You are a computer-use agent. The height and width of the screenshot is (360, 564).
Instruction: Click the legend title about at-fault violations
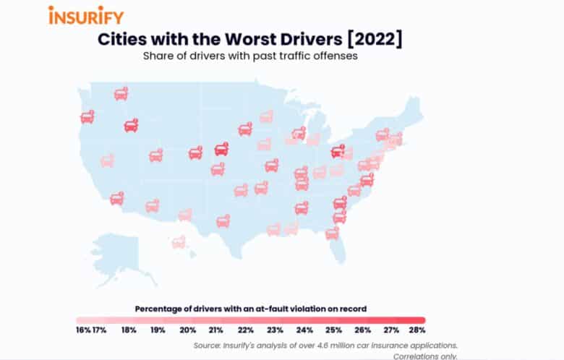click(250, 309)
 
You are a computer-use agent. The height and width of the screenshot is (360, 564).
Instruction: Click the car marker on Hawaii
click(179, 242)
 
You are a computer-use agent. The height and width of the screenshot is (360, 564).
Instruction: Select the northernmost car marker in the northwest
click(121, 94)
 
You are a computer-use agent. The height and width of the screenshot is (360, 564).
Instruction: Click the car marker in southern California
click(116, 198)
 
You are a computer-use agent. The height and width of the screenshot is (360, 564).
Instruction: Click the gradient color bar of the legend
click(250, 320)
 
